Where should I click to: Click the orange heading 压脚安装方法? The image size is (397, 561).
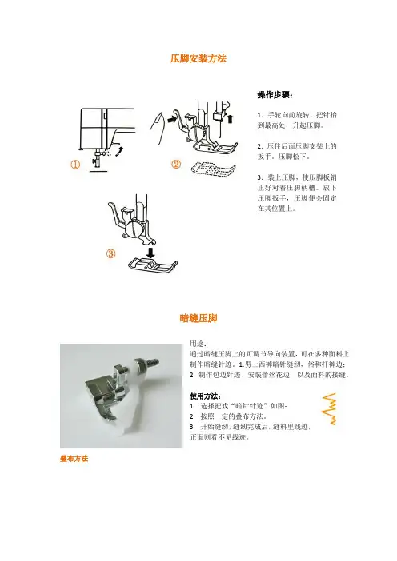tap(198, 58)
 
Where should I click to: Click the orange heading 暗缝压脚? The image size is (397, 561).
tap(198, 318)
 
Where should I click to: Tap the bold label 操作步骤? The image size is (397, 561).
tap(275, 95)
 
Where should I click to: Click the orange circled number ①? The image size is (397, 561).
tap(75, 165)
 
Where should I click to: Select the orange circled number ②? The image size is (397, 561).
tap(176, 164)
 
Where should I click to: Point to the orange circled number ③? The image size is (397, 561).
tap(111, 253)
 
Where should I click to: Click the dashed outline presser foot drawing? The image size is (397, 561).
tap(214, 169)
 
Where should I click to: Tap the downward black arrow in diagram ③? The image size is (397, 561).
tap(151, 253)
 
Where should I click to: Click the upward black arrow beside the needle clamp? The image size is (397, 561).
tap(230, 118)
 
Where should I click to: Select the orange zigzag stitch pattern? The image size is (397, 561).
tap(329, 408)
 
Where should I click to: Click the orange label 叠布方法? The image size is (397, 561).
tap(74, 459)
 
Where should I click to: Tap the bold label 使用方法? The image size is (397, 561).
tap(206, 396)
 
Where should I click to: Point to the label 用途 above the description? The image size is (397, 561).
tap(198, 344)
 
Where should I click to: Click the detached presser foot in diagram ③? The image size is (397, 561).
tap(153, 265)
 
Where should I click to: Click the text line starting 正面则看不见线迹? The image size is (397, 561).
tap(219, 437)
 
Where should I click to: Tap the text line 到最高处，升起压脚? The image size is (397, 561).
tap(291, 125)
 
